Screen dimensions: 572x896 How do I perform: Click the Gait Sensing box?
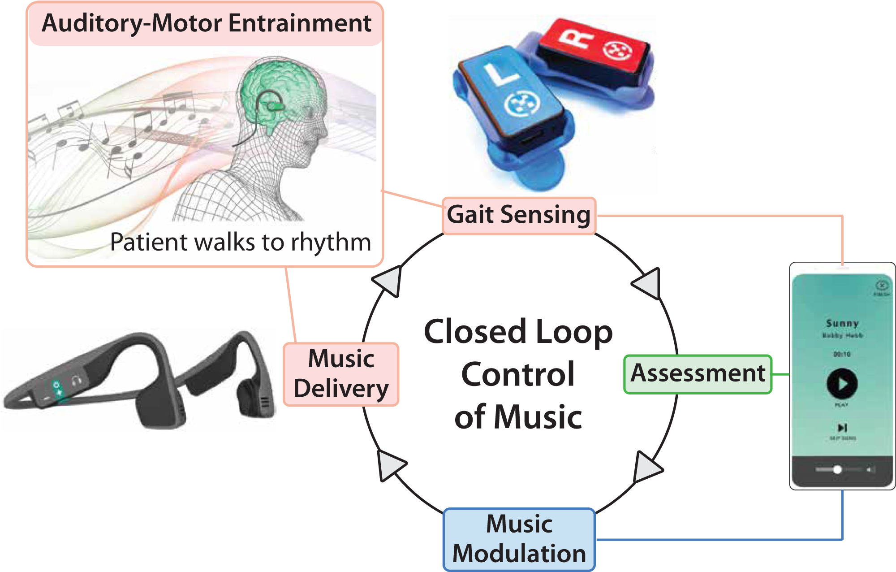[519, 215]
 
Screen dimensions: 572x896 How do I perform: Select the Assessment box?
[698, 374]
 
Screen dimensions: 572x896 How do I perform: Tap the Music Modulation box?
[519, 539]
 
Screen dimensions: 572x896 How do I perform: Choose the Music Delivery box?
[341, 374]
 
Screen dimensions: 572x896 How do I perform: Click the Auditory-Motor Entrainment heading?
[206, 23]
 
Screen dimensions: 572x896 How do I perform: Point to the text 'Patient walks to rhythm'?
[241, 243]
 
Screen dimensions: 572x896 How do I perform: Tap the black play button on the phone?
[842, 384]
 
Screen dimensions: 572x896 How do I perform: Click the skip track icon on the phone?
[842, 428]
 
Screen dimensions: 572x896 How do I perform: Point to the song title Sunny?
[842, 323]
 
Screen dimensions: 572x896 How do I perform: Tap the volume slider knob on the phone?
[837, 469]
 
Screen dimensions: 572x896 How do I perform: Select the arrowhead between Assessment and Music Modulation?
[646, 468]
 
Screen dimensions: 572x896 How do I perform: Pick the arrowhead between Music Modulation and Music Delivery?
[390, 465]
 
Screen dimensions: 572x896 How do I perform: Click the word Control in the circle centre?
[518, 374]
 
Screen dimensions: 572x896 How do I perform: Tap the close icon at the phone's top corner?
[881, 286]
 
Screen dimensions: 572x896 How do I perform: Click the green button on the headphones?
[57, 388]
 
